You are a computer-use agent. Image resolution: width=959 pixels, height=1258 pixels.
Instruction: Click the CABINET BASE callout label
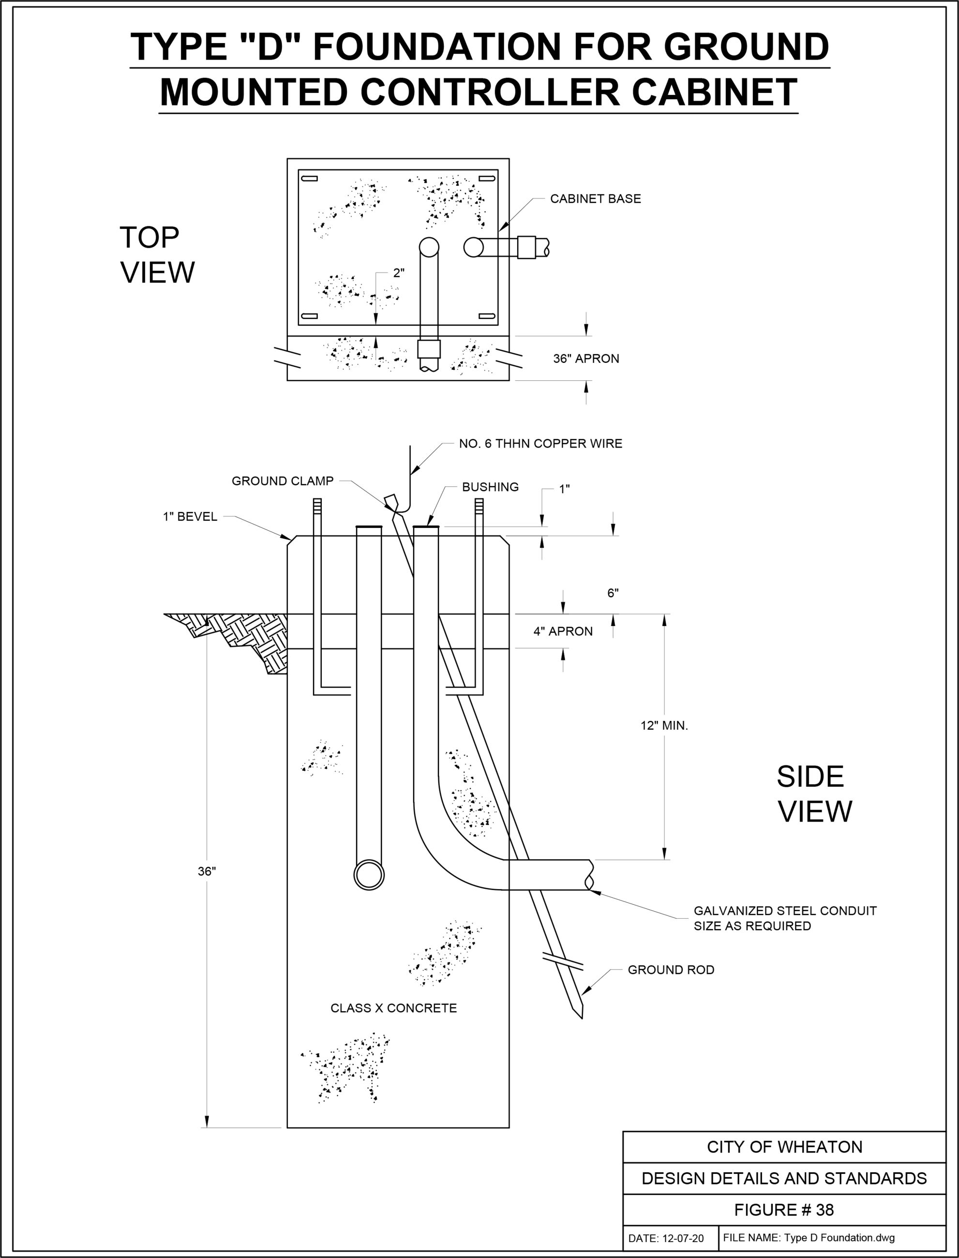click(x=595, y=199)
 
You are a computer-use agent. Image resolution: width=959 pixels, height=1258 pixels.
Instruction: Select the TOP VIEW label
click(x=156, y=255)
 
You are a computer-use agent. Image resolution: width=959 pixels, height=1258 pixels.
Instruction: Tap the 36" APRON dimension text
click(x=585, y=359)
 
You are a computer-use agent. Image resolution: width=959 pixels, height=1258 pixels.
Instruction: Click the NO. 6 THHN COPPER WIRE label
click(x=540, y=444)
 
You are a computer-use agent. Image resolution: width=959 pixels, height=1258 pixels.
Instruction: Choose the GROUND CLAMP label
click(x=282, y=481)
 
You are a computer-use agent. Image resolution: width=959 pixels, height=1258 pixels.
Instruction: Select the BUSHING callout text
click(x=490, y=487)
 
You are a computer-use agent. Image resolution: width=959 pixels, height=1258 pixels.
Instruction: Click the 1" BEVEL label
click(x=190, y=517)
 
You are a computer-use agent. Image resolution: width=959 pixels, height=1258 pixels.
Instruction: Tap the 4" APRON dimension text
click(x=563, y=631)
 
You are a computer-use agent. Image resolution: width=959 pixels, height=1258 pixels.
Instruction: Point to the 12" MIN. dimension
click(x=664, y=726)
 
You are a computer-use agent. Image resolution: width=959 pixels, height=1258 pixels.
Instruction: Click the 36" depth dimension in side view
click(x=207, y=871)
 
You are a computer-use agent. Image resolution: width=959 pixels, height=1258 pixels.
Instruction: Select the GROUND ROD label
click(x=671, y=970)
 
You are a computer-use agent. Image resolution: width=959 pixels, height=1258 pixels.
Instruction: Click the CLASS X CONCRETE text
click(x=393, y=1008)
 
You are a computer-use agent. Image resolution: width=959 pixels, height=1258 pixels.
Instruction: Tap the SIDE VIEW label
click(x=813, y=794)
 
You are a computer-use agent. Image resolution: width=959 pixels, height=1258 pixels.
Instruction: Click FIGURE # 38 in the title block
click(x=784, y=1210)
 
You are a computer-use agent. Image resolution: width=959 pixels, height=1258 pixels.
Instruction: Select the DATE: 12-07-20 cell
click(x=666, y=1239)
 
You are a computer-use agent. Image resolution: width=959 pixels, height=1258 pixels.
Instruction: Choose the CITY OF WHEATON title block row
click(x=784, y=1147)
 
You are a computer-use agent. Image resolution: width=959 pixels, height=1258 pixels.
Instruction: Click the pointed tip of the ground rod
click(x=581, y=1016)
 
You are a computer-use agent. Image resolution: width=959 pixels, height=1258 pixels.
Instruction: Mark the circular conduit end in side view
click(x=369, y=875)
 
